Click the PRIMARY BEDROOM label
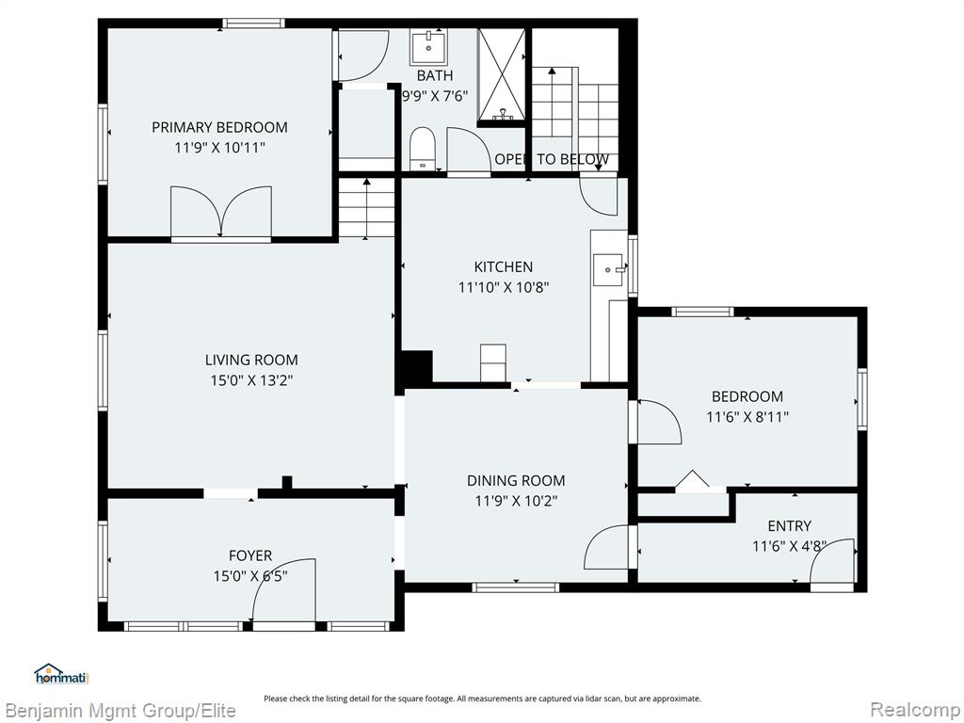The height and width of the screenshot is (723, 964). coord(219,127)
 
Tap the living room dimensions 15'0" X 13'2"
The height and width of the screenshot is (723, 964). coord(251,380)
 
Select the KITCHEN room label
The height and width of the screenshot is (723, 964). coord(503,266)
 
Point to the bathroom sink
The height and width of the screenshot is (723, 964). coord(428,47)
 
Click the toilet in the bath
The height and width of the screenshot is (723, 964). coord(423,148)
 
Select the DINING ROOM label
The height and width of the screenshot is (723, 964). coord(516,481)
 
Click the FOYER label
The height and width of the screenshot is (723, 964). coord(250,555)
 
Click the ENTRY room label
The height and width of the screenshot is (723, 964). coord(790,526)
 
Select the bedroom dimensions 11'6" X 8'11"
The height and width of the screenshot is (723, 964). coord(747,417)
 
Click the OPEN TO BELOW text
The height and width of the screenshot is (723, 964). coord(552,159)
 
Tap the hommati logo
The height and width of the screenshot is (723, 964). coord(61,674)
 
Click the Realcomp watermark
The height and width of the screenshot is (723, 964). coord(915,710)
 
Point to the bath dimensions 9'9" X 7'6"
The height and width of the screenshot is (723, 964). coord(435,96)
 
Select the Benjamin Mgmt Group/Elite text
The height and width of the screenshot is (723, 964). coord(120,711)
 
